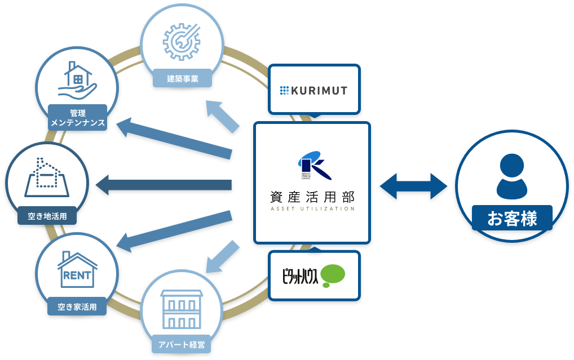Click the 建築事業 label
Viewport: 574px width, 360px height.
pos(182,78)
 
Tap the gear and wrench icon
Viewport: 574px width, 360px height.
pos(182,41)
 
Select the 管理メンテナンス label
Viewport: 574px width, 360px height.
pos(77,118)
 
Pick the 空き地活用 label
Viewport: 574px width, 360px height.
pos(47,215)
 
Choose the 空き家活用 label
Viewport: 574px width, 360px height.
pos(77,306)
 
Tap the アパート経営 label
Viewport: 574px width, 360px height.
pos(181,344)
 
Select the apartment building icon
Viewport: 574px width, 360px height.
pos(182,309)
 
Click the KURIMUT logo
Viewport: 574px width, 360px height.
pos(314,90)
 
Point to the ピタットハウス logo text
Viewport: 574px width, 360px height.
pos(300,276)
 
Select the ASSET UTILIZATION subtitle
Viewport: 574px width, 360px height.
pos(312,208)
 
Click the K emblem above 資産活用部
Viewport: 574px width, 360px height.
pos(312,165)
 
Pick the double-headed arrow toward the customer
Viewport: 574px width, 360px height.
pos(413,186)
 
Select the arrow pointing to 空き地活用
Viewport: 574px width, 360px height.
pos(164,185)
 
